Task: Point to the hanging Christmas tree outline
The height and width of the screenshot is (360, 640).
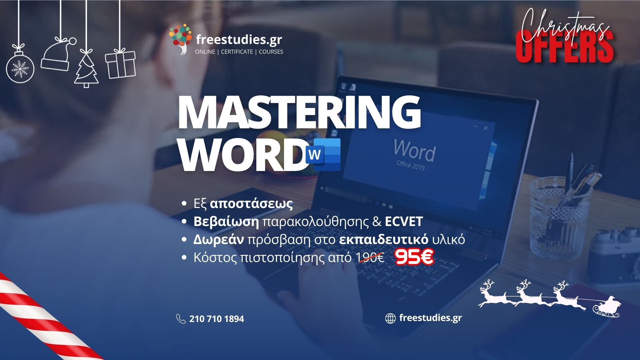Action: [x=86, y=68]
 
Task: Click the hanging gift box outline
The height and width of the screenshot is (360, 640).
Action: [x=120, y=64]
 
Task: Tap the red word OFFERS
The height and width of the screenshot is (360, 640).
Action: [x=565, y=47]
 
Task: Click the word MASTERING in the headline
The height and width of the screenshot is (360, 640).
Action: [x=299, y=112]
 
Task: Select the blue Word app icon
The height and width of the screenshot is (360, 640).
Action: [x=323, y=155]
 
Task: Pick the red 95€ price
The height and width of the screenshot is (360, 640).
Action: [x=414, y=257]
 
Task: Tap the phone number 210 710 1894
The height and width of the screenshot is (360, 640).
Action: [x=217, y=319]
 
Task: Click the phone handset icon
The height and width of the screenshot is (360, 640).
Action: [x=181, y=319]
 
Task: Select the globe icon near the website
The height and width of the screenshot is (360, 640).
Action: [x=390, y=318]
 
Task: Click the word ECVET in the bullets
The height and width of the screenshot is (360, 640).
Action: [x=404, y=222]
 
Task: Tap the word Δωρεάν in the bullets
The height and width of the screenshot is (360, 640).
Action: [x=219, y=240]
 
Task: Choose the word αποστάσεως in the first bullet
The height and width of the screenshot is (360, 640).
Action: [x=251, y=204]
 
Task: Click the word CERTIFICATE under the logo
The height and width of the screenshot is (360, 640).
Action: [x=237, y=52]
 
